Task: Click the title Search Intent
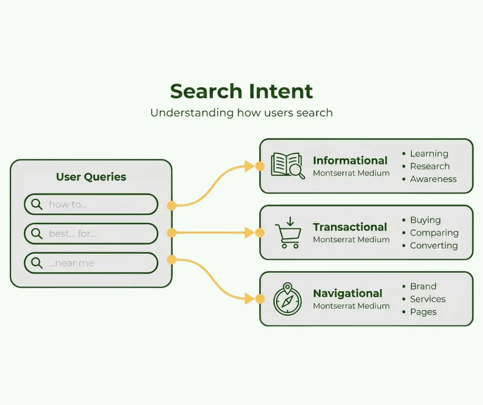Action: click(x=242, y=91)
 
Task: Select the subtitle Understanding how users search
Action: click(x=242, y=113)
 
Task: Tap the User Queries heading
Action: click(x=91, y=177)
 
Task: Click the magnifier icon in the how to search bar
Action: click(x=36, y=204)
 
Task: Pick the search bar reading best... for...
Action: click(x=91, y=234)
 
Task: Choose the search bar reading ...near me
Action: click(x=91, y=263)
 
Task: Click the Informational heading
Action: click(x=350, y=160)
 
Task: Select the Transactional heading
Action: click(x=350, y=227)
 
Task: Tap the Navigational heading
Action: click(x=348, y=293)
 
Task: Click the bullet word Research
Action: click(x=430, y=167)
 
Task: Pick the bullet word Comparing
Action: click(x=434, y=233)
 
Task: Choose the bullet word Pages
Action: click(x=423, y=312)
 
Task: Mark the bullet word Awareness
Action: click(x=433, y=179)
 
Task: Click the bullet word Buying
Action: click(x=425, y=220)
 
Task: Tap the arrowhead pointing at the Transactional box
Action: click(x=250, y=233)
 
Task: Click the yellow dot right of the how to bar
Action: click(x=172, y=205)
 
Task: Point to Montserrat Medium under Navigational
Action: click(x=351, y=306)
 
